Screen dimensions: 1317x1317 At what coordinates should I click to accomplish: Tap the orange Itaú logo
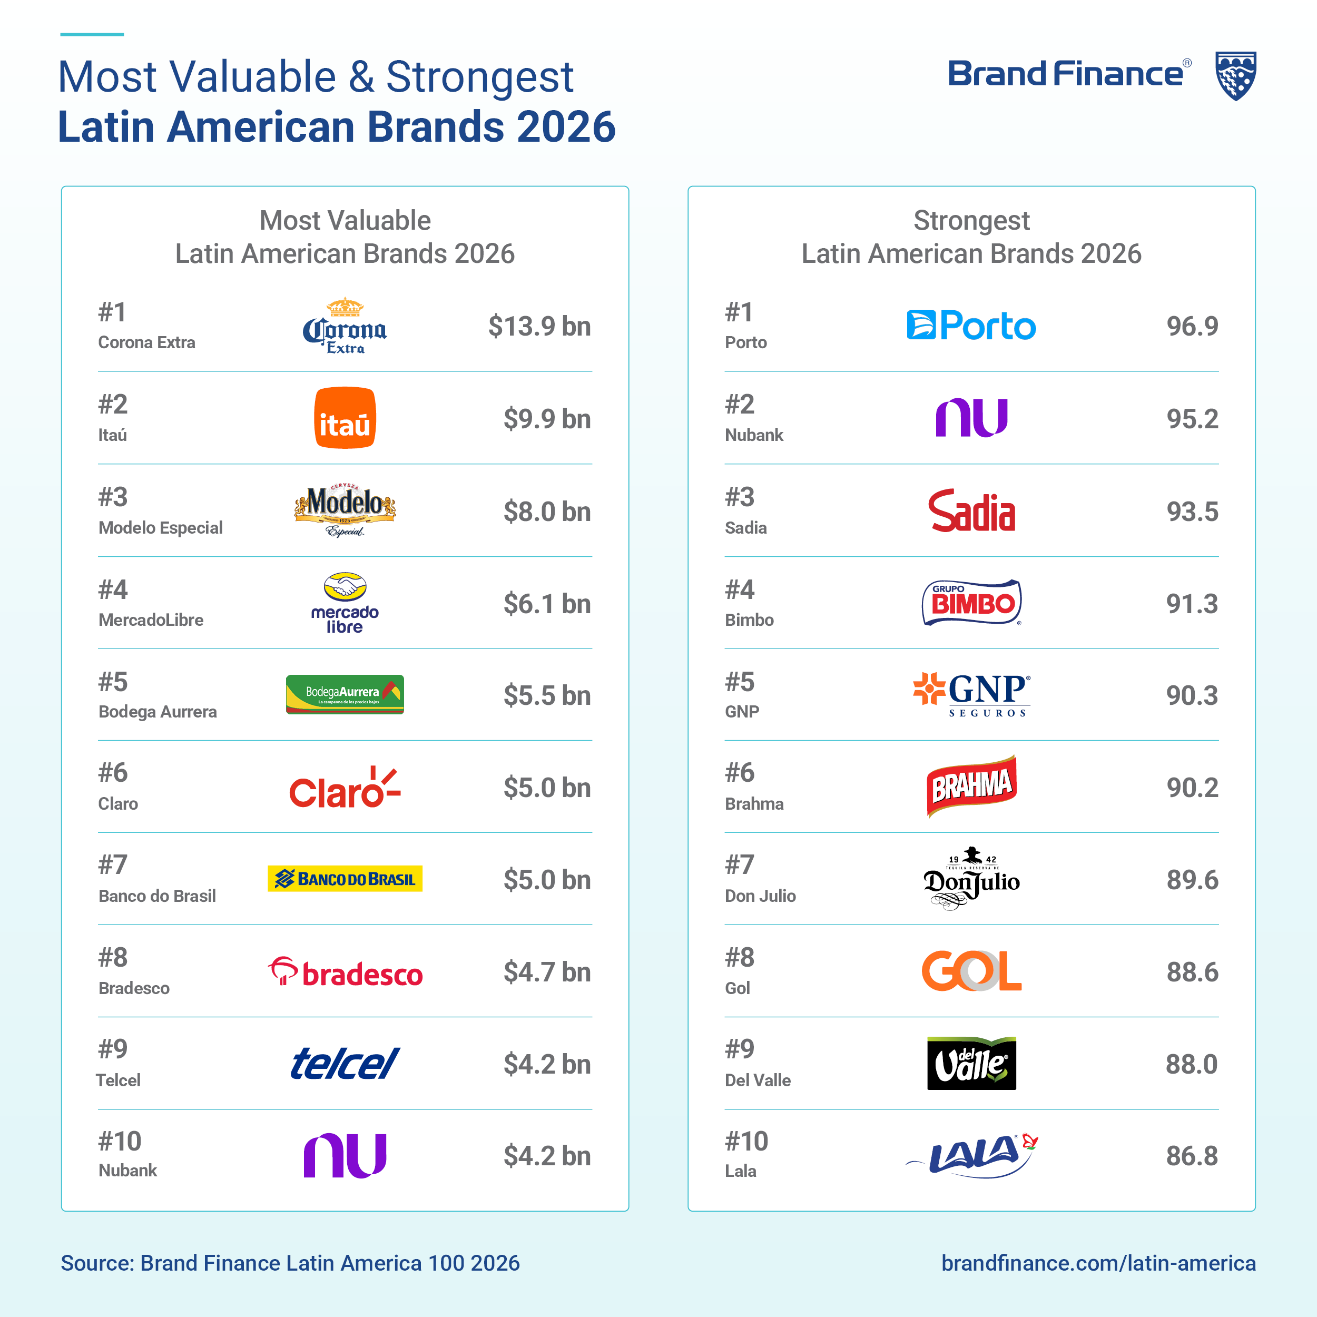pyautogui.click(x=345, y=418)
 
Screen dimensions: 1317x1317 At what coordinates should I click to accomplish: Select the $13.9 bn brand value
pyautogui.click(x=539, y=326)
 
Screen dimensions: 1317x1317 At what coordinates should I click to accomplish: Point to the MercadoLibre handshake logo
pyautogui.click(x=345, y=603)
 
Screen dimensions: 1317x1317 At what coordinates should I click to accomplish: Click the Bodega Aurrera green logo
pyautogui.click(x=345, y=695)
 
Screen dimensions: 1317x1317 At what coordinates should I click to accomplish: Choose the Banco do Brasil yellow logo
pyautogui.click(x=345, y=879)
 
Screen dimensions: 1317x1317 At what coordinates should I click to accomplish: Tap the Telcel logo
pyautogui.click(x=345, y=1064)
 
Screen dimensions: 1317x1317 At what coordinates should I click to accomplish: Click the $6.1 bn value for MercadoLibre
pyautogui.click(x=547, y=604)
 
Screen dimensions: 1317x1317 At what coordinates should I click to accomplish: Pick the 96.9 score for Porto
pyautogui.click(x=1192, y=326)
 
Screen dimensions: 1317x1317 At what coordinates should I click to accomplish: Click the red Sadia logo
pyautogui.click(x=971, y=510)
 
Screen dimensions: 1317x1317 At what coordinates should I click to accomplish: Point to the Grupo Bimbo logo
pyautogui.click(x=971, y=603)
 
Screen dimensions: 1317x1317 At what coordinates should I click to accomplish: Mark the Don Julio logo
pyautogui.click(x=971, y=879)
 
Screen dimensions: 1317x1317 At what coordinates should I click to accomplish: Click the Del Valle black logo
pyautogui.click(x=971, y=1064)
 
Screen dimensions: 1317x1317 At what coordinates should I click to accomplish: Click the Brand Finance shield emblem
pyautogui.click(x=1236, y=76)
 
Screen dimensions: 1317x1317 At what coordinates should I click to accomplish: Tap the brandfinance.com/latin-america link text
pyautogui.click(x=1098, y=1263)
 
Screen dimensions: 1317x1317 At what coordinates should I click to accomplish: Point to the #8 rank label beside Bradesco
pyautogui.click(x=113, y=957)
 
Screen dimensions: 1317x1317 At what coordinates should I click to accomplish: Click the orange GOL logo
pyautogui.click(x=971, y=971)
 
